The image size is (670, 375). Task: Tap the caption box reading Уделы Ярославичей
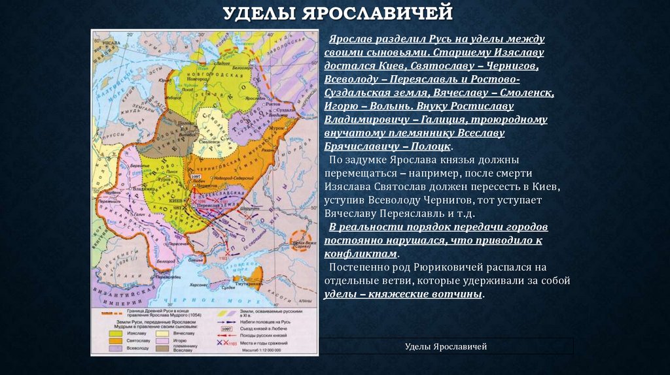[446, 346]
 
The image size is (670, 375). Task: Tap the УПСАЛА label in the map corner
[109, 42]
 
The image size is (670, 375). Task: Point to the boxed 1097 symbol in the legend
[227, 329]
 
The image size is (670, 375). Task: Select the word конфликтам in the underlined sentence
[361, 254]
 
